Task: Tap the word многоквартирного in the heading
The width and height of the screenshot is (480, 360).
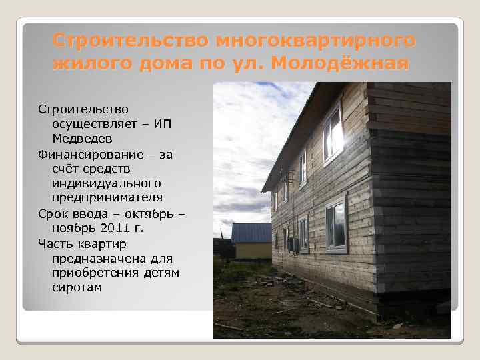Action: pyautogui.click(x=313, y=41)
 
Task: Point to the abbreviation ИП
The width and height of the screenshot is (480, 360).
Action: pyautogui.click(x=163, y=123)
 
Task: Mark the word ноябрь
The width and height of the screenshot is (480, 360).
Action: pyautogui.click(x=72, y=228)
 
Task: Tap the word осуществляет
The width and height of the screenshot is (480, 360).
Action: pyautogui.click(x=89, y=123)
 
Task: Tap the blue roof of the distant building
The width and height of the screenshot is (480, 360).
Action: pyautogui.click(x=251, y=232)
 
